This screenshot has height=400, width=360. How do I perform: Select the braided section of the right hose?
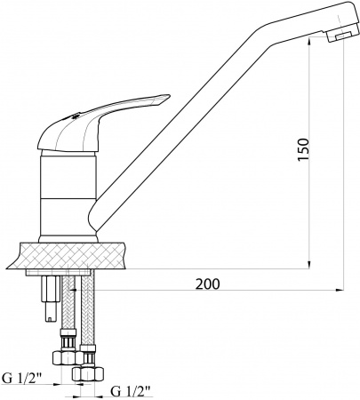(87, 311)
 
